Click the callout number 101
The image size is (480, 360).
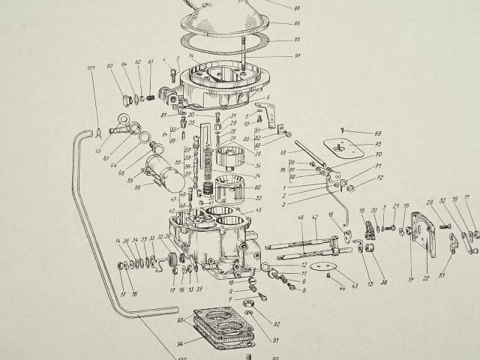91,70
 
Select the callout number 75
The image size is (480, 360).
378,144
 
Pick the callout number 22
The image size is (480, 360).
425,278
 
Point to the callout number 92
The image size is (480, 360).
276,324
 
